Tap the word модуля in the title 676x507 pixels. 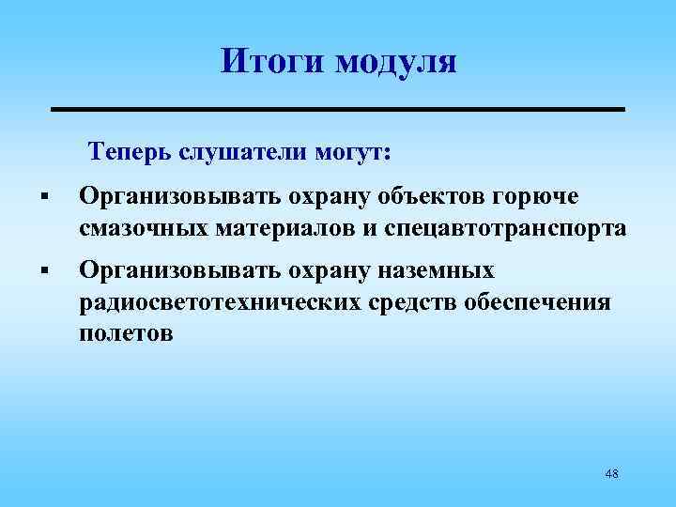(x=394, y=63)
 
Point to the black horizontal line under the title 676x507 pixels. (x=337, y=110)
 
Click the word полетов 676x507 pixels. (x=127, y=333)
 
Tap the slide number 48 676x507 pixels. (x=611, y=474)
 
